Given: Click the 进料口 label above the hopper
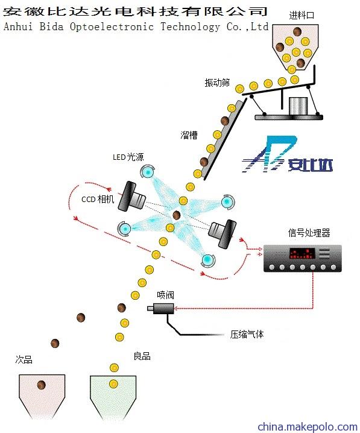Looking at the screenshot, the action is (302, 15).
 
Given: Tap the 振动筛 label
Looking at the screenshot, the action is (217, 83).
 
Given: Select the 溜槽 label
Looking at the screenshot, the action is (189, 135).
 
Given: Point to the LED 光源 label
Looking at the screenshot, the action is (128, 157).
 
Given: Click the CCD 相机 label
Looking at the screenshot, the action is (98, 199).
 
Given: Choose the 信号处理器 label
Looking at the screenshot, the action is (309, 233).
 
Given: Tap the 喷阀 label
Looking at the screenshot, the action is (165, 295).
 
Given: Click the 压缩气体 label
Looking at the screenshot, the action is (247, 334).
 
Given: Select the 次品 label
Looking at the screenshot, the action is (24, 359).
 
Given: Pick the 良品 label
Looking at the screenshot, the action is (142, 356).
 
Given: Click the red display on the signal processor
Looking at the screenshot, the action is (302, 253).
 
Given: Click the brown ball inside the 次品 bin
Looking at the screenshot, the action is (42, 385).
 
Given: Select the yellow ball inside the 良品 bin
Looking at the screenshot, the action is (113, 384).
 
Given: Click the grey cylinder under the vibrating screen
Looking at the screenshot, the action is (298, 106).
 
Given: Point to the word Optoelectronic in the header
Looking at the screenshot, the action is (112, 27).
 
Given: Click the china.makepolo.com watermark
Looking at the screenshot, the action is (308, 426).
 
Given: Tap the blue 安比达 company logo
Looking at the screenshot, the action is (287, 154).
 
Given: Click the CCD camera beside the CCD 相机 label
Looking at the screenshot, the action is (131, 197).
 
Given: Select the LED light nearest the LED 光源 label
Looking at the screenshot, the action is (147, 172).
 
